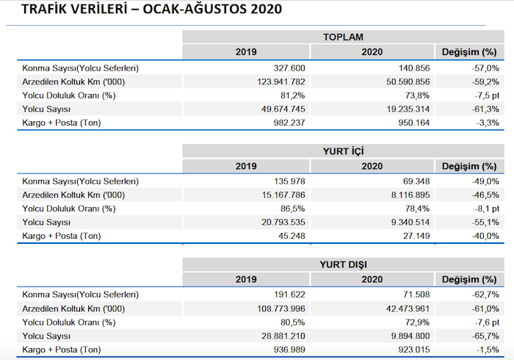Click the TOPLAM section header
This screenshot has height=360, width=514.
(343, 37)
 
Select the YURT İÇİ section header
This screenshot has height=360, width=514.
(343, 151)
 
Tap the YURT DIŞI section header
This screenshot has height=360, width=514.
(343, 264)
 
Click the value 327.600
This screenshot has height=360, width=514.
(286, 68)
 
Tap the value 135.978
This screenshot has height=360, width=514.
(286, 181)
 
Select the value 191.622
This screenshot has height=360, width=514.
(286, 295)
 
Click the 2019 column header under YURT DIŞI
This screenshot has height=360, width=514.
(246, 279)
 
